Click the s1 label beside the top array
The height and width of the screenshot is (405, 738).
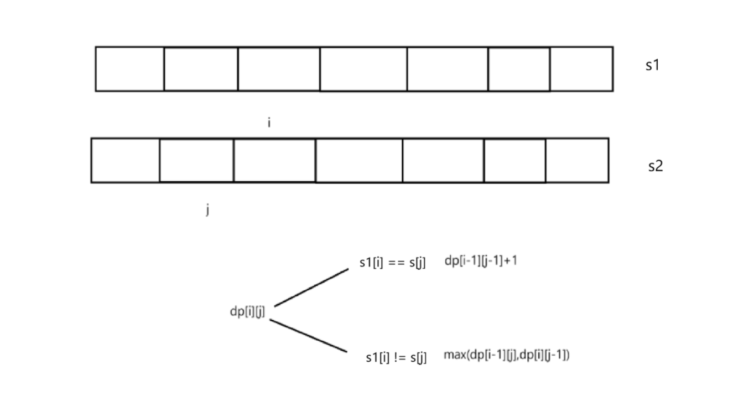(652, 65)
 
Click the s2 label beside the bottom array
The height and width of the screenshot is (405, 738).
(655, 166)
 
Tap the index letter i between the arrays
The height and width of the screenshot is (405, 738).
(269, 123)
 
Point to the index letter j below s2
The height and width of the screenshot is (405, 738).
(207, 210)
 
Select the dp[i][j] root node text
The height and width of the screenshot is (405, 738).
(247, 312)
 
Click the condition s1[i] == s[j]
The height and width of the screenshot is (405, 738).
(392, 263)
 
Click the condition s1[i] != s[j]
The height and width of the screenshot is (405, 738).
(396, 358)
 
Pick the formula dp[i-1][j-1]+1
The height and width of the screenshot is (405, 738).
(481, 261)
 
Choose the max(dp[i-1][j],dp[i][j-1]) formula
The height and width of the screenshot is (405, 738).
(506, 355)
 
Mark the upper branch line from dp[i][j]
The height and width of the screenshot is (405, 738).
(311, 287)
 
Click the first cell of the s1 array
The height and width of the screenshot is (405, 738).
(129, 69)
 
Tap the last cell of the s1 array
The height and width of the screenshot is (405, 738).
(581, 69)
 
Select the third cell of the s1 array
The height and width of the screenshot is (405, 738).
(279, 69)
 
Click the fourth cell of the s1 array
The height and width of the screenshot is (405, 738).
(363, 69)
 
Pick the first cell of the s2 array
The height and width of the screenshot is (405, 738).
(125, 160)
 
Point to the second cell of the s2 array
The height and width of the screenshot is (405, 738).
(196, 160)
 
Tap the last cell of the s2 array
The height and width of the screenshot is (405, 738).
(577, 160)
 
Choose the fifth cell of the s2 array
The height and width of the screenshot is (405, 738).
(443, 160)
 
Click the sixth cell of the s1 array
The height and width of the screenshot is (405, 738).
(519, 69)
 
